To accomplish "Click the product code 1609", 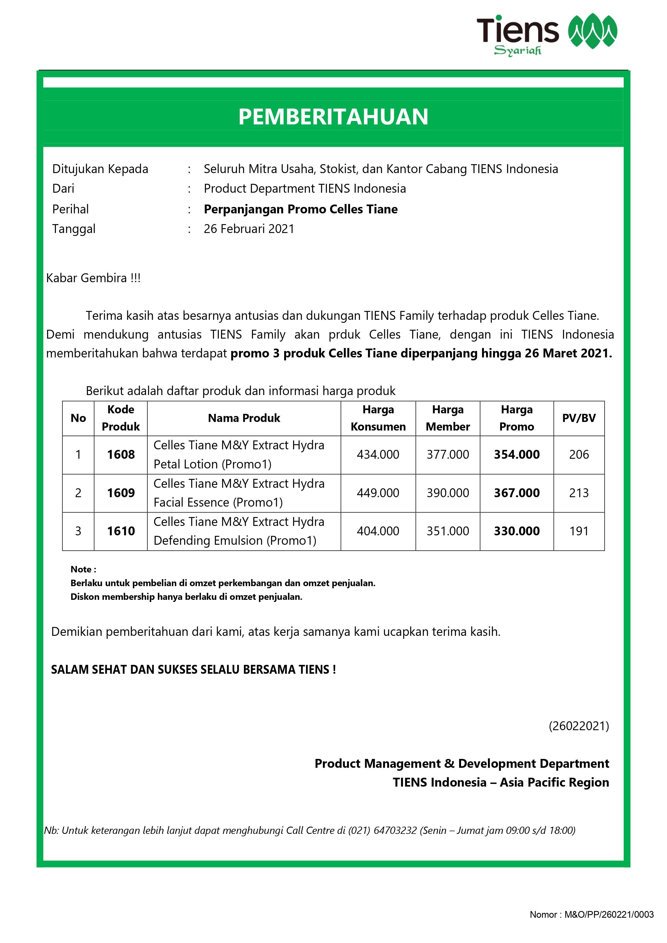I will click(121, 493).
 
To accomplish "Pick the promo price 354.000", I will click(517, 455).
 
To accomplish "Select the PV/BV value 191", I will click(579, 531).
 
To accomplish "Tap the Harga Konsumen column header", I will click(378, 418).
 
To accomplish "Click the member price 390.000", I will click(448, 493).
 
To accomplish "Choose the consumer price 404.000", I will click(378, 531).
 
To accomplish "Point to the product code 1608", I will click(121, 455).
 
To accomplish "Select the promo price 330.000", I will click(517, 531).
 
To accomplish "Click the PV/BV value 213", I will click(579, 493).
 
